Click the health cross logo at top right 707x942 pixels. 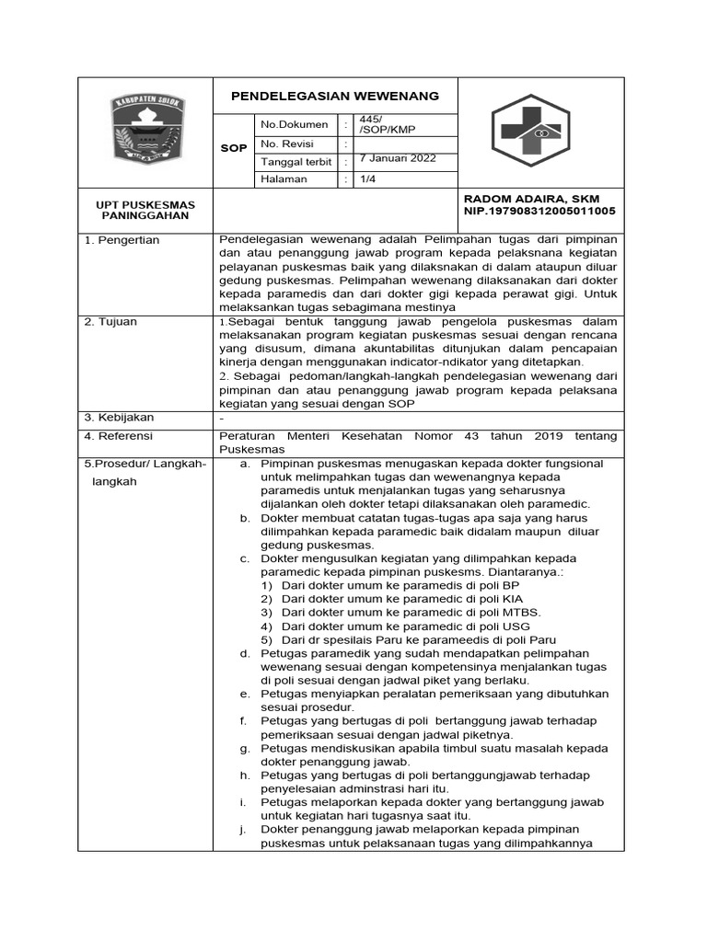tap(537, 128)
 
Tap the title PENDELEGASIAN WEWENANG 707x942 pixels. tap(334, 97)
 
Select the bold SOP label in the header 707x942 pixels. tap(236, 148)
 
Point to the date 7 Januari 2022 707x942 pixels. tap(398, 158)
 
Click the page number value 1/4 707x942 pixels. tap(365, 179)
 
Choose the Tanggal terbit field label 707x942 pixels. tap(296, 162)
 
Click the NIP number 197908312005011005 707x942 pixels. tap(539, 212)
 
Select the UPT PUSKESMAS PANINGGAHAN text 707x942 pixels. tap(146, 210)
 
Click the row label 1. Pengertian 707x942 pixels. tap(122, 240)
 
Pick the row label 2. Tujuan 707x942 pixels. tap(111, 321)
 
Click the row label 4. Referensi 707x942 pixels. tap(119, 436)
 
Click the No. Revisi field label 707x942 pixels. tap(287, 144)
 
